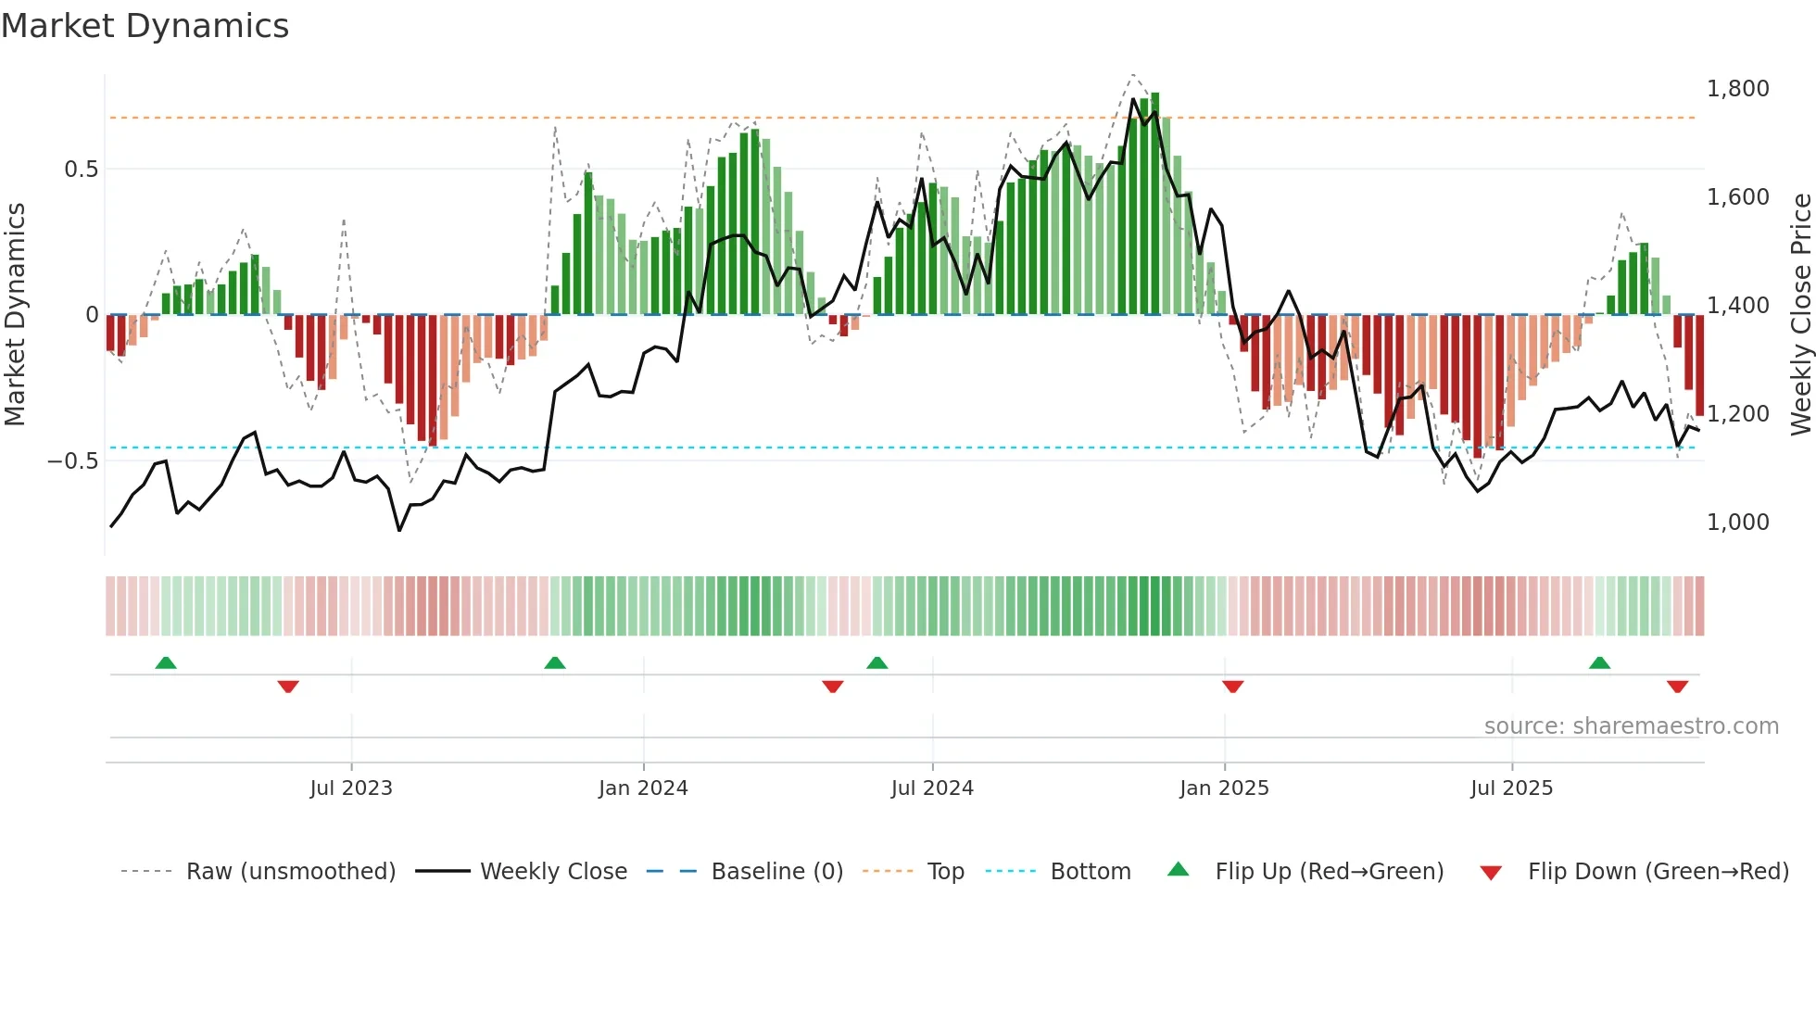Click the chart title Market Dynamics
pyautogui.click(x=145, y=26)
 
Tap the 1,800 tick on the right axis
pyautogui.click(x=1737, y=89)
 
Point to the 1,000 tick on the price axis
pyautogui.click(x=1737, y=523)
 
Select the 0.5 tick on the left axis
pyautogui.click(x=81, y=170)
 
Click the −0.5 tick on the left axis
pyautogui.click(x=73, y=461)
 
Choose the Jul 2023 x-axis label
pyautogui.click(x=351, y=788)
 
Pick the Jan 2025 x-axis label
pyautogui.click(x=1224, y=788)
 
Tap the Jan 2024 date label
pyautogui.click(x=643, y=788)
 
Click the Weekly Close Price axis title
pyautogui.click(x=1800, y=314)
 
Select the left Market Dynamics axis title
pyautogui.click(x=15, y=314)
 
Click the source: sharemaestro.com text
pyautogui.click(x=1631, y=726)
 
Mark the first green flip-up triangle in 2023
pyautogui.click(x=166, y=663)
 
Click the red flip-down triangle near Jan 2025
pyautogui.click(x=1232, y=687)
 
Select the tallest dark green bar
pyautogui.click(x=1155, y=204)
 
